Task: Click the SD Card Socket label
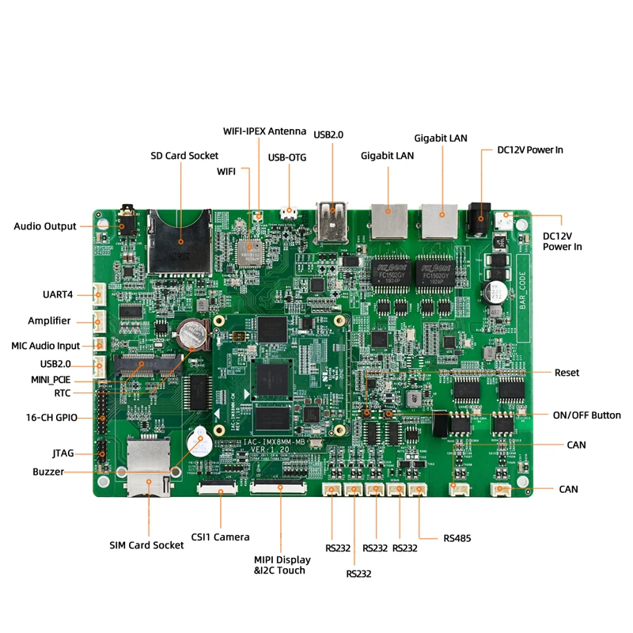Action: (184, 155)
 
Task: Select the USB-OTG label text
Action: (287, 157)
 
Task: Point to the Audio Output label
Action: (45, 226)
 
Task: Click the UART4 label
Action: (58, 294)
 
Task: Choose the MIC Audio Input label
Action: (45, 346)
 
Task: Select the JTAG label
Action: (63, 453)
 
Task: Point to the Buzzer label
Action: (48, 472)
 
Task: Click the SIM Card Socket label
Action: (146, 545)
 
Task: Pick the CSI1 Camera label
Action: (221, 537)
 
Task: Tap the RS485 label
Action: (457, 538)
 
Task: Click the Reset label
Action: (567, 373)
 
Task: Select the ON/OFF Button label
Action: (586, 415)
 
